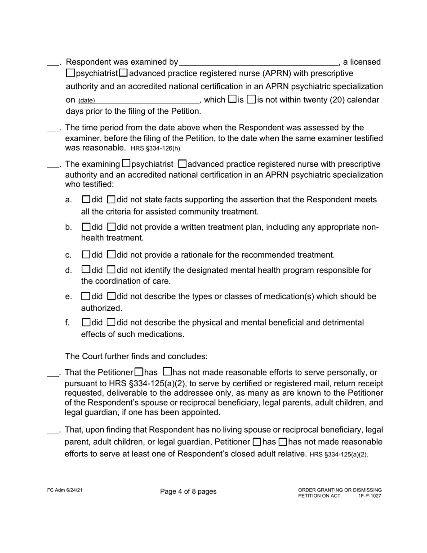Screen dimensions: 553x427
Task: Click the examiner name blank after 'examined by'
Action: pos(258,62)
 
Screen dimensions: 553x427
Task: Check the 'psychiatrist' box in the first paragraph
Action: pos(71,73)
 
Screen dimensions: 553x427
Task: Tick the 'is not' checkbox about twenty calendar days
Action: pos(252,99)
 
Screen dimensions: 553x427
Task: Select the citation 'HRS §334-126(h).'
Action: pos(156,148)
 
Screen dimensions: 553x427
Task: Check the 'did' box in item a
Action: pos(86,199)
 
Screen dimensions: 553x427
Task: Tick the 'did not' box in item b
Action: pos(111,227)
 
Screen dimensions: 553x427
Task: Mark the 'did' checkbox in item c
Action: pos(86,254)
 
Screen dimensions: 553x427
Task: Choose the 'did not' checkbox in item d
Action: pos(111,270)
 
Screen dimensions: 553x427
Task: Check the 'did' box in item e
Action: pos(86,296)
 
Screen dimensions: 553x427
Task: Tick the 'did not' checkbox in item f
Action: pos(111,322)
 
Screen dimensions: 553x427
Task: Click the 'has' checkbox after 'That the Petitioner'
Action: pos(139,372)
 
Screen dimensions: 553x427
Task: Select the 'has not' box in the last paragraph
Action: pos(283,442)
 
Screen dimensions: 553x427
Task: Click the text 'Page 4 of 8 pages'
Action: pos(188,491)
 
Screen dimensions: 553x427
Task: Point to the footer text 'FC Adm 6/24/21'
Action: pos(64,490)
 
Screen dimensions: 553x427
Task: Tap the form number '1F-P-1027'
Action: pos(369,496)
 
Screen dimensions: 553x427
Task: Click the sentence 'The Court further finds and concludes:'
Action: pos(136,357)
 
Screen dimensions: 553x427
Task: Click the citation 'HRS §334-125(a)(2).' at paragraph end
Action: pos(338,455)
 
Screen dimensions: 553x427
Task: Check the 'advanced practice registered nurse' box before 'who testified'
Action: pos(182,164)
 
